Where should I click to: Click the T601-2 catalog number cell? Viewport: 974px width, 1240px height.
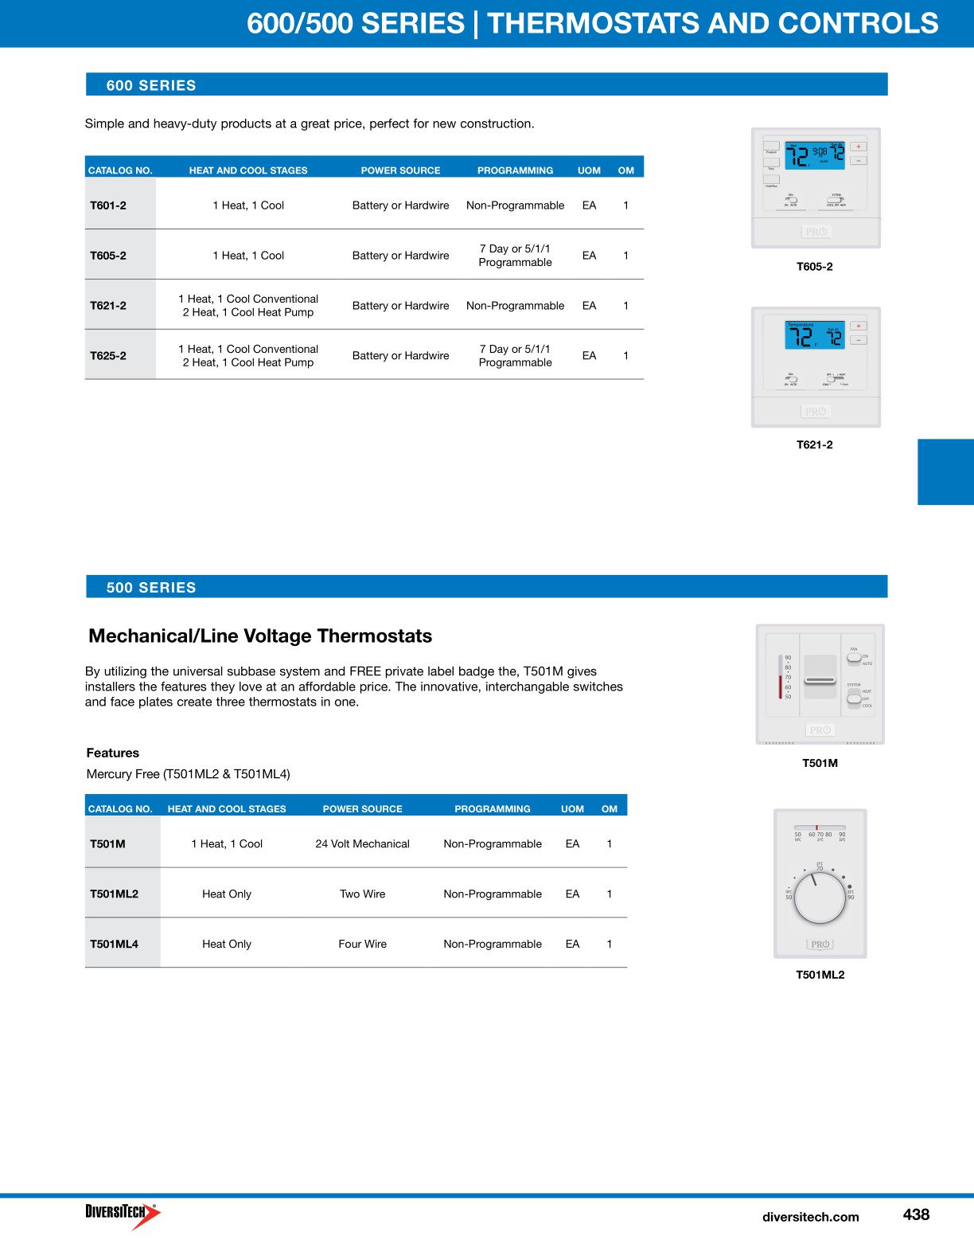click(x=108, y=205)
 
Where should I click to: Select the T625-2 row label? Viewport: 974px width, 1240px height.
click(x=108, y=356)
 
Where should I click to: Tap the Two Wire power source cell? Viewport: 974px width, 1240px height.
click(x=362, y=894)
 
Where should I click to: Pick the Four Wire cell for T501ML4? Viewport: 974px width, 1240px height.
click(x=362, y=945)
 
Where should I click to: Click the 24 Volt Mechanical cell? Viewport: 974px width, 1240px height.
click(x=362, y=844)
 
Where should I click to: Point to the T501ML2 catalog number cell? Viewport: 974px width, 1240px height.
click(x=114, y=894)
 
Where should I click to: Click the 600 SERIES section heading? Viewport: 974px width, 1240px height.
click(x=151, y=85)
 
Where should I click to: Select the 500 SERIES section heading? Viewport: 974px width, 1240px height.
click(x=151, y=588)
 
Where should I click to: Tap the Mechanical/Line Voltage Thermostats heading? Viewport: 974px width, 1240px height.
click(x=260, y=636)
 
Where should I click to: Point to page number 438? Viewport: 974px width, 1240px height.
click(x=916, y=1215)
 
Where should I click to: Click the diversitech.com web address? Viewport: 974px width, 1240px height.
click(x=810, y=1217)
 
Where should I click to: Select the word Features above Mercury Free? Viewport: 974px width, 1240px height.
click(x=113, y=753)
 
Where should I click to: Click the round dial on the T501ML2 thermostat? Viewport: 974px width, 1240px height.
click(x=820, y=898)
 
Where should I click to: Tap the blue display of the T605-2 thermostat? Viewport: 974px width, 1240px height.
click(x=814, y=155)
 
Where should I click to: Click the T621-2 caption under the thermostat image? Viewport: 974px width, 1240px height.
click(x=815, y=445)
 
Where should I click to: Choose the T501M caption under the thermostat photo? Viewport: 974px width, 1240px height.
click(x=820, y=763)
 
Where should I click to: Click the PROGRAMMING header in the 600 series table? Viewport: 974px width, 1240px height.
click(x=515, y=170)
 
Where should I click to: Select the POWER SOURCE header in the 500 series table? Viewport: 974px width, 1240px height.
click(x=362, y=809)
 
